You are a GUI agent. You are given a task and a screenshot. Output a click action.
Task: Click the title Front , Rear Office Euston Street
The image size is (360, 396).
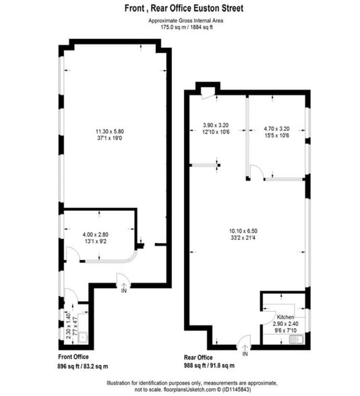tap(184, 8)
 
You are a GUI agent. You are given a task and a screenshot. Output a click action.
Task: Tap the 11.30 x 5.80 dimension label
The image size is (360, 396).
tap(110, 131)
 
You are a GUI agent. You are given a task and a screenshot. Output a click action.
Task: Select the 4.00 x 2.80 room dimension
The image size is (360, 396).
tap(96, 234)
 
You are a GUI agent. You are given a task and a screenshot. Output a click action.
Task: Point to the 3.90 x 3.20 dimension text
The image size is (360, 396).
tap(216, 125)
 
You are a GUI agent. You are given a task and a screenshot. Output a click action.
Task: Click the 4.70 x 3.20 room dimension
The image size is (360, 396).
tap(277, 129)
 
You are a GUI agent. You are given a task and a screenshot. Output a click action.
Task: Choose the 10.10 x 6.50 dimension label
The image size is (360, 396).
tap(243, 231)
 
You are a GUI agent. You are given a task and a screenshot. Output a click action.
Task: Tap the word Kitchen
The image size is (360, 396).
tap(285, 317)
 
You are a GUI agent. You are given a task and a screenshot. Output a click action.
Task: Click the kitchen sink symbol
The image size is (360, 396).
tap(296, 339)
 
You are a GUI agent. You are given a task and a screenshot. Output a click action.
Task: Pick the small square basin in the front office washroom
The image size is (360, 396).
tap(83, 337)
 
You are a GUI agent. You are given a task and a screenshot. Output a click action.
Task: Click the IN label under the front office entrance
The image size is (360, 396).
tap(123, 291)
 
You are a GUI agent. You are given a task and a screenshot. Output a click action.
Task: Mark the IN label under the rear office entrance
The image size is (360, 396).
tap(245, 354)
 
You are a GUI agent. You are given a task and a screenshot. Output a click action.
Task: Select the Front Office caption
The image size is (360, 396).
tap(73, 357)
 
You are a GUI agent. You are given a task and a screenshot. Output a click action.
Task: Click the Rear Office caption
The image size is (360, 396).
tap(198, 358)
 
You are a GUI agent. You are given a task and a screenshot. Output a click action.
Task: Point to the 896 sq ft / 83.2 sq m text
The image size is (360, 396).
tap(83, 366)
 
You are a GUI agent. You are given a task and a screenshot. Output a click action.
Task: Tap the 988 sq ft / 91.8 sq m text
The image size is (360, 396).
tap(209, 365)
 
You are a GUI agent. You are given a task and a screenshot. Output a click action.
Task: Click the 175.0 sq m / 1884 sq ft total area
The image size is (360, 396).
tap(187, 27)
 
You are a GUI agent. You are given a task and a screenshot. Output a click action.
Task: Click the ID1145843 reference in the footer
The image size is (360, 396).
tap(236, 389)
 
